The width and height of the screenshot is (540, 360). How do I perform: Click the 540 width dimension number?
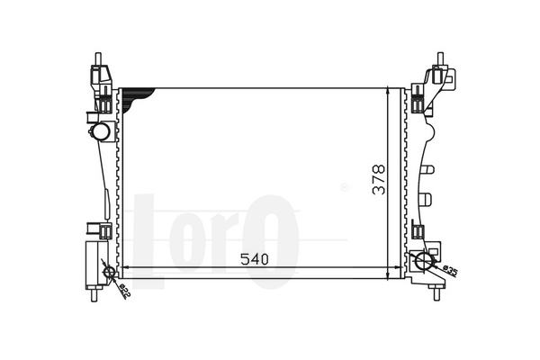[255, 259]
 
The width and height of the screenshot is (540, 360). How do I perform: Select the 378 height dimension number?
[379, 180]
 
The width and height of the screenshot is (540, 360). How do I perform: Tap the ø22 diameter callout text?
[125, 290]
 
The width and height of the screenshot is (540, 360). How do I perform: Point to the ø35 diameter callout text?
[451, 271]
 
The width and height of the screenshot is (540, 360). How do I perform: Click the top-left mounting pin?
[98, 58]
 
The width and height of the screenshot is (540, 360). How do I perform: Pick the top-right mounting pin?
[440, 58]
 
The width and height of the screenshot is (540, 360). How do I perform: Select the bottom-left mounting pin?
[94, 295]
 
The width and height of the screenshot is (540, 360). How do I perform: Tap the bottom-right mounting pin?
[436, 294]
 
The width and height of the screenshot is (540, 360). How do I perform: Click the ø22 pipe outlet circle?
[109, 272]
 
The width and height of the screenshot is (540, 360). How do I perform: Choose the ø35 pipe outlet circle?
[424, 261]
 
